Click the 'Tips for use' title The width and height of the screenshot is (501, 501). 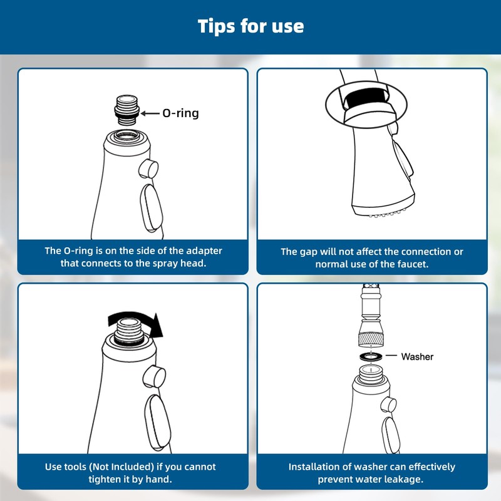tap(250, 26)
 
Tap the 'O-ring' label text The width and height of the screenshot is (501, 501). tap(180, 113)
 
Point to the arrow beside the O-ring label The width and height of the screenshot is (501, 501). tap(150, 113)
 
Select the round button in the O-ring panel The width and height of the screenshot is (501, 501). tap(148, 169)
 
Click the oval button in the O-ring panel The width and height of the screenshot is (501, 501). tap(151, 208)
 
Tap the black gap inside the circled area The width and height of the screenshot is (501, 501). tap(366, 99)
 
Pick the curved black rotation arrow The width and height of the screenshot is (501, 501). tap(136, 323)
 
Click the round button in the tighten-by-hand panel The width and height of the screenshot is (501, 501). tap(154, 376)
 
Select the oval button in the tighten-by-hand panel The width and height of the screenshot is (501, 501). tap(158, 422)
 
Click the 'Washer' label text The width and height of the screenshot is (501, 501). tap(417, 356)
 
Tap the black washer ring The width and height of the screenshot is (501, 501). tap(371, 356)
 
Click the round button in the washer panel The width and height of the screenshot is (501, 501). tap(389, 405)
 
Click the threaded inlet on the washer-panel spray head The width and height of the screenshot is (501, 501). tap(371, 374)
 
